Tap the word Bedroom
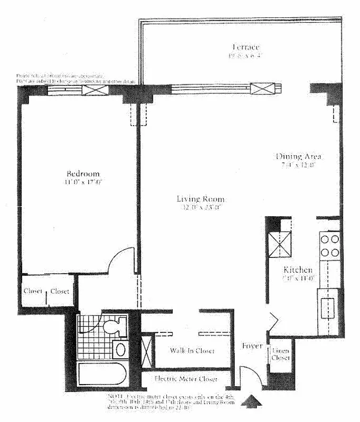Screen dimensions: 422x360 click(x=83, y=174)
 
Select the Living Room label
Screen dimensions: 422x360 click(x=201, y=199)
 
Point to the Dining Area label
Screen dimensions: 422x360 click(x=299, y=156)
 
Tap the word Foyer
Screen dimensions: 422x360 click(x=252, y=346)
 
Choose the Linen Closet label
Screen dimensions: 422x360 click(x=280, y=354)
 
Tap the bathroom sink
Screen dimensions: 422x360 click(x=120, y=349)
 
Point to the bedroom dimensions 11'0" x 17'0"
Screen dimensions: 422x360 click(x=83, y=183)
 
